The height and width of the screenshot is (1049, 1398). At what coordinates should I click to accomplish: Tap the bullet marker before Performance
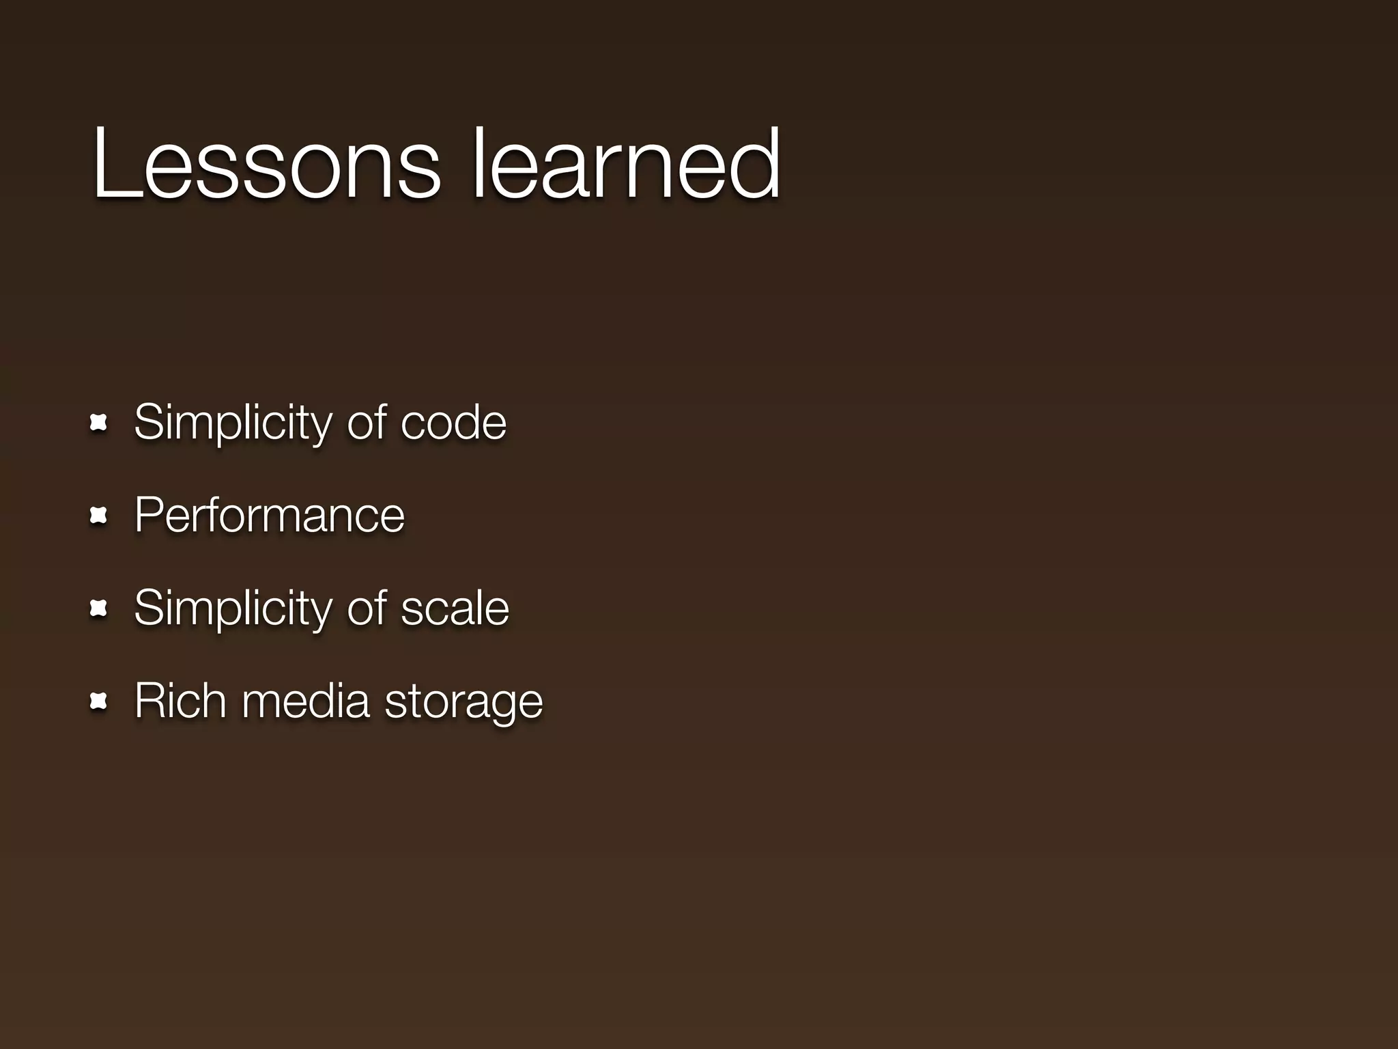pos(99,516)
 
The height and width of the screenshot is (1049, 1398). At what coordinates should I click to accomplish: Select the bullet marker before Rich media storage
pos(99,701)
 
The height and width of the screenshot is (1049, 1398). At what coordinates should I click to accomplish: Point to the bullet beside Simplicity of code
pos(99,423)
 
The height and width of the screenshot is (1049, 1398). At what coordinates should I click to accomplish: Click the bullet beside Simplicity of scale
pos(99,609)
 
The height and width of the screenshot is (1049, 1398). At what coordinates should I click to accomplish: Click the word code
pos(453,423)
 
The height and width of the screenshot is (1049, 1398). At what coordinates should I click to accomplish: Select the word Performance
pos(270,516)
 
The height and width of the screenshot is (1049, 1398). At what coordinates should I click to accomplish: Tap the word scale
pos(455,609)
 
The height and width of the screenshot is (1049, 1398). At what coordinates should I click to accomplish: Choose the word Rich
pos(180,701)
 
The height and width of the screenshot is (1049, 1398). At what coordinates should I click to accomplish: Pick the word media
pos(305,701)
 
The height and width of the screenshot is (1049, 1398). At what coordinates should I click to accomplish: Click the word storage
pos(463,703)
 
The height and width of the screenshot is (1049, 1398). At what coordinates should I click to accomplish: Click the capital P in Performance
pos(147,516)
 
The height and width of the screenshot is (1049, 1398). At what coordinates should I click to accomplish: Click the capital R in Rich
pos(149,701)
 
